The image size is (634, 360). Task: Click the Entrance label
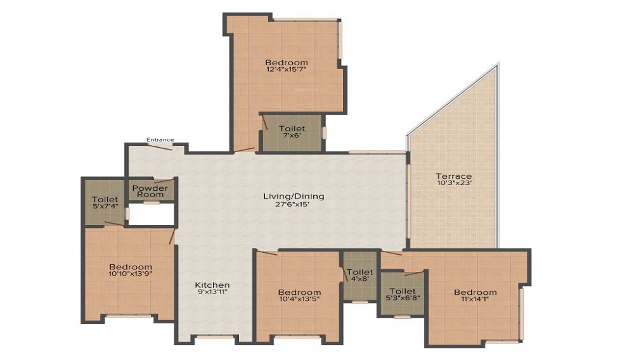(160, 140)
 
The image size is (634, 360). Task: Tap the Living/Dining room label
(294, 196)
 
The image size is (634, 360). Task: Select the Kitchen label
(212, 285)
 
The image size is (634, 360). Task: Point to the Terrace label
(454, 176)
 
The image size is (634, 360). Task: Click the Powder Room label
(150, 191)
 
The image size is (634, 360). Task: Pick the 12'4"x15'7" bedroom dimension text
(287, 69)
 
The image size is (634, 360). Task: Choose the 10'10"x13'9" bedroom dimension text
(131, 274)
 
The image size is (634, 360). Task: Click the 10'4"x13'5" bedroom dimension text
(300, 299)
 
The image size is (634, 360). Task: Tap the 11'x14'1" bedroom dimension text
(475, 299)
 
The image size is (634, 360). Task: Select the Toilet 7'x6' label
(292, 132)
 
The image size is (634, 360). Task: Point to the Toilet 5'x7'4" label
(105, 202)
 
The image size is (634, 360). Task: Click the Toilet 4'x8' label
(360, 275)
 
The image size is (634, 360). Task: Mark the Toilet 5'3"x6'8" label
(403, 294)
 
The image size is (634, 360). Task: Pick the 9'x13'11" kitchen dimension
(212, 292)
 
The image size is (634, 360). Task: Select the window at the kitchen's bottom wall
(215, 337)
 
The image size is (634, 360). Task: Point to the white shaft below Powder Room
(152, 214)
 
